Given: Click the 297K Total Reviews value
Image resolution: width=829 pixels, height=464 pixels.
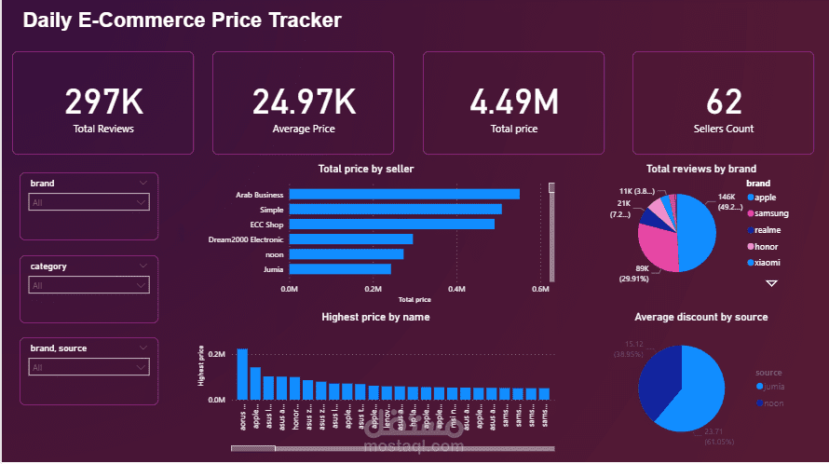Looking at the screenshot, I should pyautogui.click(x=102, y=102).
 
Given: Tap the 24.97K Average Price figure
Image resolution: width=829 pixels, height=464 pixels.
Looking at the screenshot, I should pyautogui.click(x=304, y=102).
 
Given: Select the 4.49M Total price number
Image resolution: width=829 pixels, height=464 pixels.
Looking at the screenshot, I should pyautogui.click(x=513, y=102).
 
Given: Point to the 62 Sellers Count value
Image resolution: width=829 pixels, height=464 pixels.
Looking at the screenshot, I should pyautogui.click(x=724, y=102).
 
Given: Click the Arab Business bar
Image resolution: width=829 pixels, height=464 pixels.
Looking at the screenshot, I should pyautogui.click(x=404, y=194).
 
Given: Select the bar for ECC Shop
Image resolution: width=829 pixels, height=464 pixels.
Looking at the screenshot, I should pyautogui.click(x=391, y=224).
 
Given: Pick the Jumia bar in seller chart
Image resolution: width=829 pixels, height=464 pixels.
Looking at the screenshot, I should pyautogui.click(x=340, y=268).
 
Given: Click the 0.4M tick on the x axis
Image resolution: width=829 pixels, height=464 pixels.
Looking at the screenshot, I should pyautogui.click(x=456, y=290).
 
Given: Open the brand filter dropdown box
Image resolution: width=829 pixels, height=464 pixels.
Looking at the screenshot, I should pyautogui.click(x=88, y=202).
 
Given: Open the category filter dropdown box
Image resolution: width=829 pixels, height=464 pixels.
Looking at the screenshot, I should pyautogui.click(x=88, y=285).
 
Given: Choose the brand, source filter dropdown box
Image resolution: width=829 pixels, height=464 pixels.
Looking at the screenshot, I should pyautogui.click(x=88, y=367).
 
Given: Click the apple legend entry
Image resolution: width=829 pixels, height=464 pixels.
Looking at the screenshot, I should pyautogui.click(x=765, y=198).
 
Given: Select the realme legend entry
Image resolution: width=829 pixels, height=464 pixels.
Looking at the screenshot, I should pyautogui.click(x=768, y=229).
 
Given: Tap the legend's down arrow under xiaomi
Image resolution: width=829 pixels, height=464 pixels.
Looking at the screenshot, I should pyautogui.click(x=771, y=282).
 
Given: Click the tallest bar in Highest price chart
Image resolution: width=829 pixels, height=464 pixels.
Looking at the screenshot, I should pyautogui.click(x=242, y=374).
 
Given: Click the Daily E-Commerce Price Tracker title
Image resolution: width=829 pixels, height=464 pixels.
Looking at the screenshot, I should pyautogui.click(x=182, y=20).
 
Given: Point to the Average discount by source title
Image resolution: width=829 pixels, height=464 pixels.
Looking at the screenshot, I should pyautogui.click(x=700, y=317).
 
